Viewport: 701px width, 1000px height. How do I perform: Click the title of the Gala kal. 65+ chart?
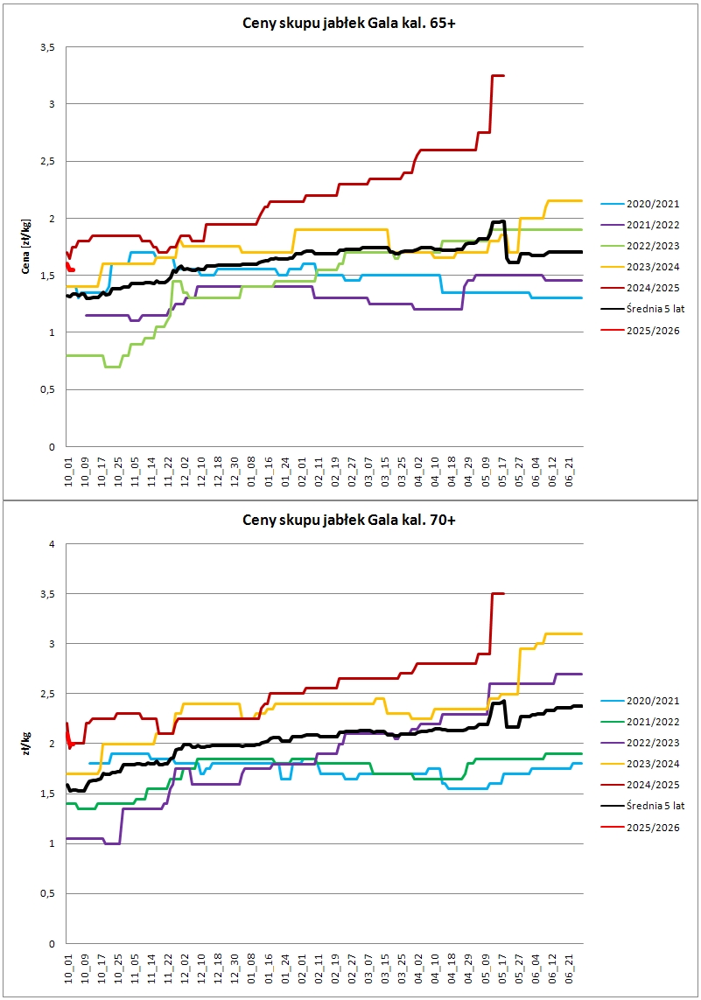[x=349, y=24]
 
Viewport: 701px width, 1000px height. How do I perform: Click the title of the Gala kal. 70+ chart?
[x=349, y=521]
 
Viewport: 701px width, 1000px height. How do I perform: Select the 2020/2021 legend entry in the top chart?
[x=640, y=204]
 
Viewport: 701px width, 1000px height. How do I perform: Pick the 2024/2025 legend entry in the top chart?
[x=640, y=288]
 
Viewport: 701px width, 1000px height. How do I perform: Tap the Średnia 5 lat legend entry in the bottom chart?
[x=642, y=806]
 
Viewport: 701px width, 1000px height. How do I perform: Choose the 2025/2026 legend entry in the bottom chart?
[x=640, y=828]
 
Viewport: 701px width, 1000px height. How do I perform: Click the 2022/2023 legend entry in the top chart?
[x=640, y=246]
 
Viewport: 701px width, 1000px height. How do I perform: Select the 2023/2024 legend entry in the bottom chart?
[x=640, y=764]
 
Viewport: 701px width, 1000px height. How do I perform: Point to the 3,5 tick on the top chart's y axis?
[x=48, y=47]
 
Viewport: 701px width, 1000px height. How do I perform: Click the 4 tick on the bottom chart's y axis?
[x=53, y=544]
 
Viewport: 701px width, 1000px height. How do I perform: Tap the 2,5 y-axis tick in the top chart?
[x=48, y=161]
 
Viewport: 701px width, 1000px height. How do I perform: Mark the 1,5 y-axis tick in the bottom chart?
[x=48, y=794]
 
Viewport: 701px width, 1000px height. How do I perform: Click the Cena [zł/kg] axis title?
[x=25, y=247]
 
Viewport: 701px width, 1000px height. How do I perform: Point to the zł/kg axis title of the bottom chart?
[x=25, y=745]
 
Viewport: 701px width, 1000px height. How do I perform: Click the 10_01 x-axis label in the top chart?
[x=69, y=471]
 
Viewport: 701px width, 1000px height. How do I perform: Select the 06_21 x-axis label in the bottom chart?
[x=570, y=968]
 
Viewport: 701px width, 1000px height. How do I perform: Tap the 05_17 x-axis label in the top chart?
[x=502, y=471]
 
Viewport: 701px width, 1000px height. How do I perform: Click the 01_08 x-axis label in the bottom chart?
[x=252, y=968]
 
